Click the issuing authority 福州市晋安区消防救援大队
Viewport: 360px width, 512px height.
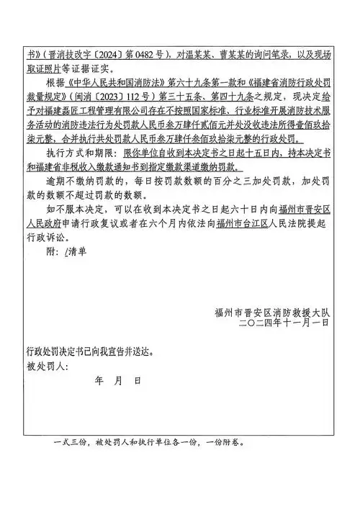(271, 312)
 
